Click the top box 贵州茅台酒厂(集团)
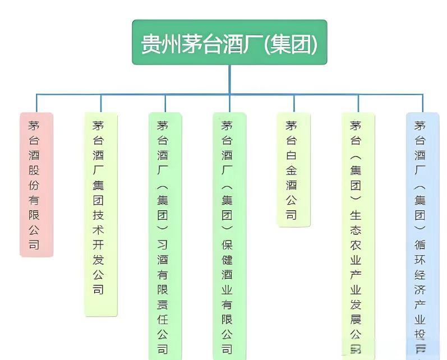pyautogui.click(x=229, y=43)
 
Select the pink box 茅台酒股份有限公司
pyautogui.click(x=36, y=184)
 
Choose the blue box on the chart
pyautogui.click(x=422, y=236)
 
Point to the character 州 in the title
pyautogui.click(x=170, y=44)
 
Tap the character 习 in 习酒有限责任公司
pyautogui.click(x=163, y=245)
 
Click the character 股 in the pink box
pyautogui.click(x=34, y=170)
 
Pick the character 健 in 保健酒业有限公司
pyautogui.click(x=227, y=260)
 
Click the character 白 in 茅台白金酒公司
pyautogui.click(x=291, y=155)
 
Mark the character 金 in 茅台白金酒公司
pyautogui.click(x=291, y=170)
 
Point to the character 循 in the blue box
pyautogui.click(x=420, y=245)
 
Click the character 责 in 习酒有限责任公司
pyautogui.click(x=163, y=305)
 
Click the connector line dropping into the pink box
pyautogui.click(x=36, y=103)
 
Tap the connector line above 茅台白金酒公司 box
pyautogui.click(x=294, y=103)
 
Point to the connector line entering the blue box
pyautogui.click(x=422, y=103)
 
